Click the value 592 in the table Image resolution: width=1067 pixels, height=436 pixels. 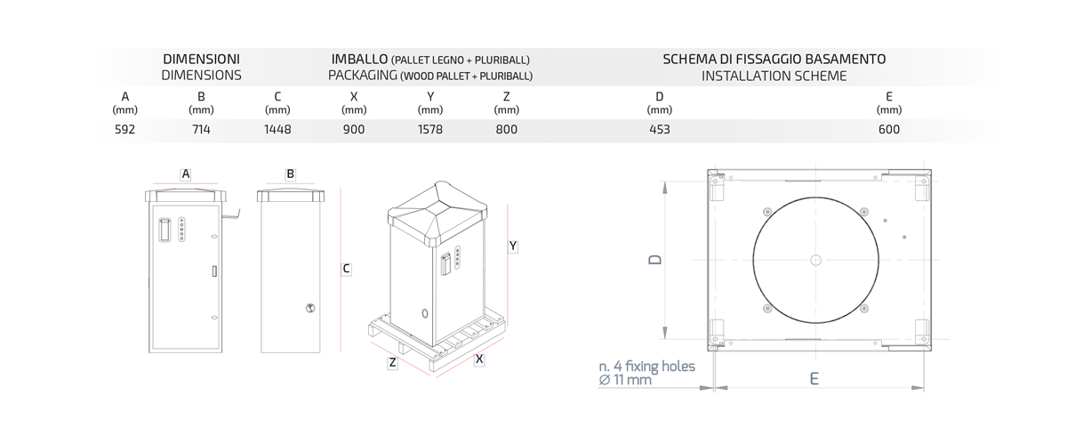click(x=124, y=129)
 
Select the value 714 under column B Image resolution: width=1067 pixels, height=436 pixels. click(x=201, y=129)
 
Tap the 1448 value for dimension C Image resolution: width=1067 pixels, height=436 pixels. click(x=277, y=129)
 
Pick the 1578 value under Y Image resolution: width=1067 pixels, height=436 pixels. click(x=430, y=129)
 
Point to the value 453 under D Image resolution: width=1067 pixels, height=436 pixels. click(x=660, y=129)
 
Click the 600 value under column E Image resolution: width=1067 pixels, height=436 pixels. click(x=889, y=129)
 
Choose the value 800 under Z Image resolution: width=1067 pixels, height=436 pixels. click(x=506, y=129)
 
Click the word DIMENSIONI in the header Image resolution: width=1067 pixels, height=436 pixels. click(x=202, y=59)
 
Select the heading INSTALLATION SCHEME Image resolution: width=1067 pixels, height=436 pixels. click(x=774, y=76)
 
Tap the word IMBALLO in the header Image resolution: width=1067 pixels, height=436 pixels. click(x=359, y=59)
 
